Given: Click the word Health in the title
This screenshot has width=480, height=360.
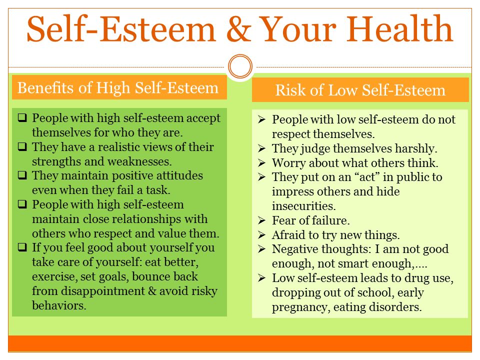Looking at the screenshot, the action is tap(399, 29).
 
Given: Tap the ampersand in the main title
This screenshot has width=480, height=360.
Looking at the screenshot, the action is tap(239, 29).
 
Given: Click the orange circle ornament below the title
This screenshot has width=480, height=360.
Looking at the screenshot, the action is tap(240, 66).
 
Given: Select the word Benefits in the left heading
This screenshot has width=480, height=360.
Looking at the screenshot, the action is tap(46, 88).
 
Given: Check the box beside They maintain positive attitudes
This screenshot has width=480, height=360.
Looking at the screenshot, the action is tap(22, 175).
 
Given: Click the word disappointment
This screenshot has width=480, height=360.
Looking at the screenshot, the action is tap(103, 291).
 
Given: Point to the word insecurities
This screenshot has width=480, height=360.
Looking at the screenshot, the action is tap(303, 206).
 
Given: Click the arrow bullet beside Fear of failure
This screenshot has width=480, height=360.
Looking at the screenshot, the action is tap(261, 220).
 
